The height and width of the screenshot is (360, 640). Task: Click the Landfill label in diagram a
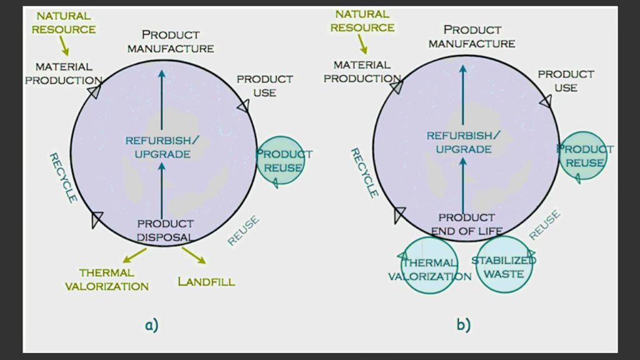point(206,282)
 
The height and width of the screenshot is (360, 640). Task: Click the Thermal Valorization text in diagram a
point(107,279)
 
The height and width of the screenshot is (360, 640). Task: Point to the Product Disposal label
point(165,231)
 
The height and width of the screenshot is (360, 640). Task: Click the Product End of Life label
point(467,224)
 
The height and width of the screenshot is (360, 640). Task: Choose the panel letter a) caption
point(151,325)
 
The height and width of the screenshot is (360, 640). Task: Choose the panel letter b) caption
point(463,325)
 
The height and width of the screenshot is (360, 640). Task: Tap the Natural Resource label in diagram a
point(64,22)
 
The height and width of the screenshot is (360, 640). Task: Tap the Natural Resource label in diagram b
point(362,21)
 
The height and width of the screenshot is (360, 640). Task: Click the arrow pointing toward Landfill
point(194,255)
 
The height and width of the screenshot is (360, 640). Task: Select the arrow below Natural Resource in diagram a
point(64,46)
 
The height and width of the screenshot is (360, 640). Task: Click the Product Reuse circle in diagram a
point(281,136)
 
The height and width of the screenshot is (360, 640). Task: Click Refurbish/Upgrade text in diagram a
point(162,147)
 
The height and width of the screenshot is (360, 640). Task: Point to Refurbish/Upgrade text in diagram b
point(463,142)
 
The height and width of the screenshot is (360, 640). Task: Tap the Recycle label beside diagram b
point(364,172)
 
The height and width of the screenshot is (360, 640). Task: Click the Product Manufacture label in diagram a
point(171,41)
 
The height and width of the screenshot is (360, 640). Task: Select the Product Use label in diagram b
point(566,81)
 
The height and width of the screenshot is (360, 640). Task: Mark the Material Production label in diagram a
point(64,74)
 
